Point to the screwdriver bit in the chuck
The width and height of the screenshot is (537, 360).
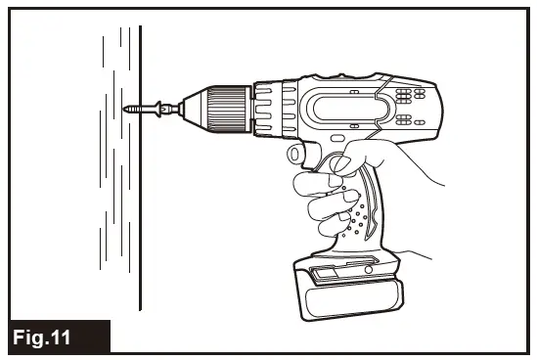(166, 107)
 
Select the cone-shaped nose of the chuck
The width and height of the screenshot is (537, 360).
(193, 106)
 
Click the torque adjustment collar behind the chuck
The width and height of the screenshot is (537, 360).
(275, 106)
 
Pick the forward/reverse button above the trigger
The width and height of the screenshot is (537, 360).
(297, 155)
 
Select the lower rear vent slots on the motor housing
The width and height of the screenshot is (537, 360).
(408, 120)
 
